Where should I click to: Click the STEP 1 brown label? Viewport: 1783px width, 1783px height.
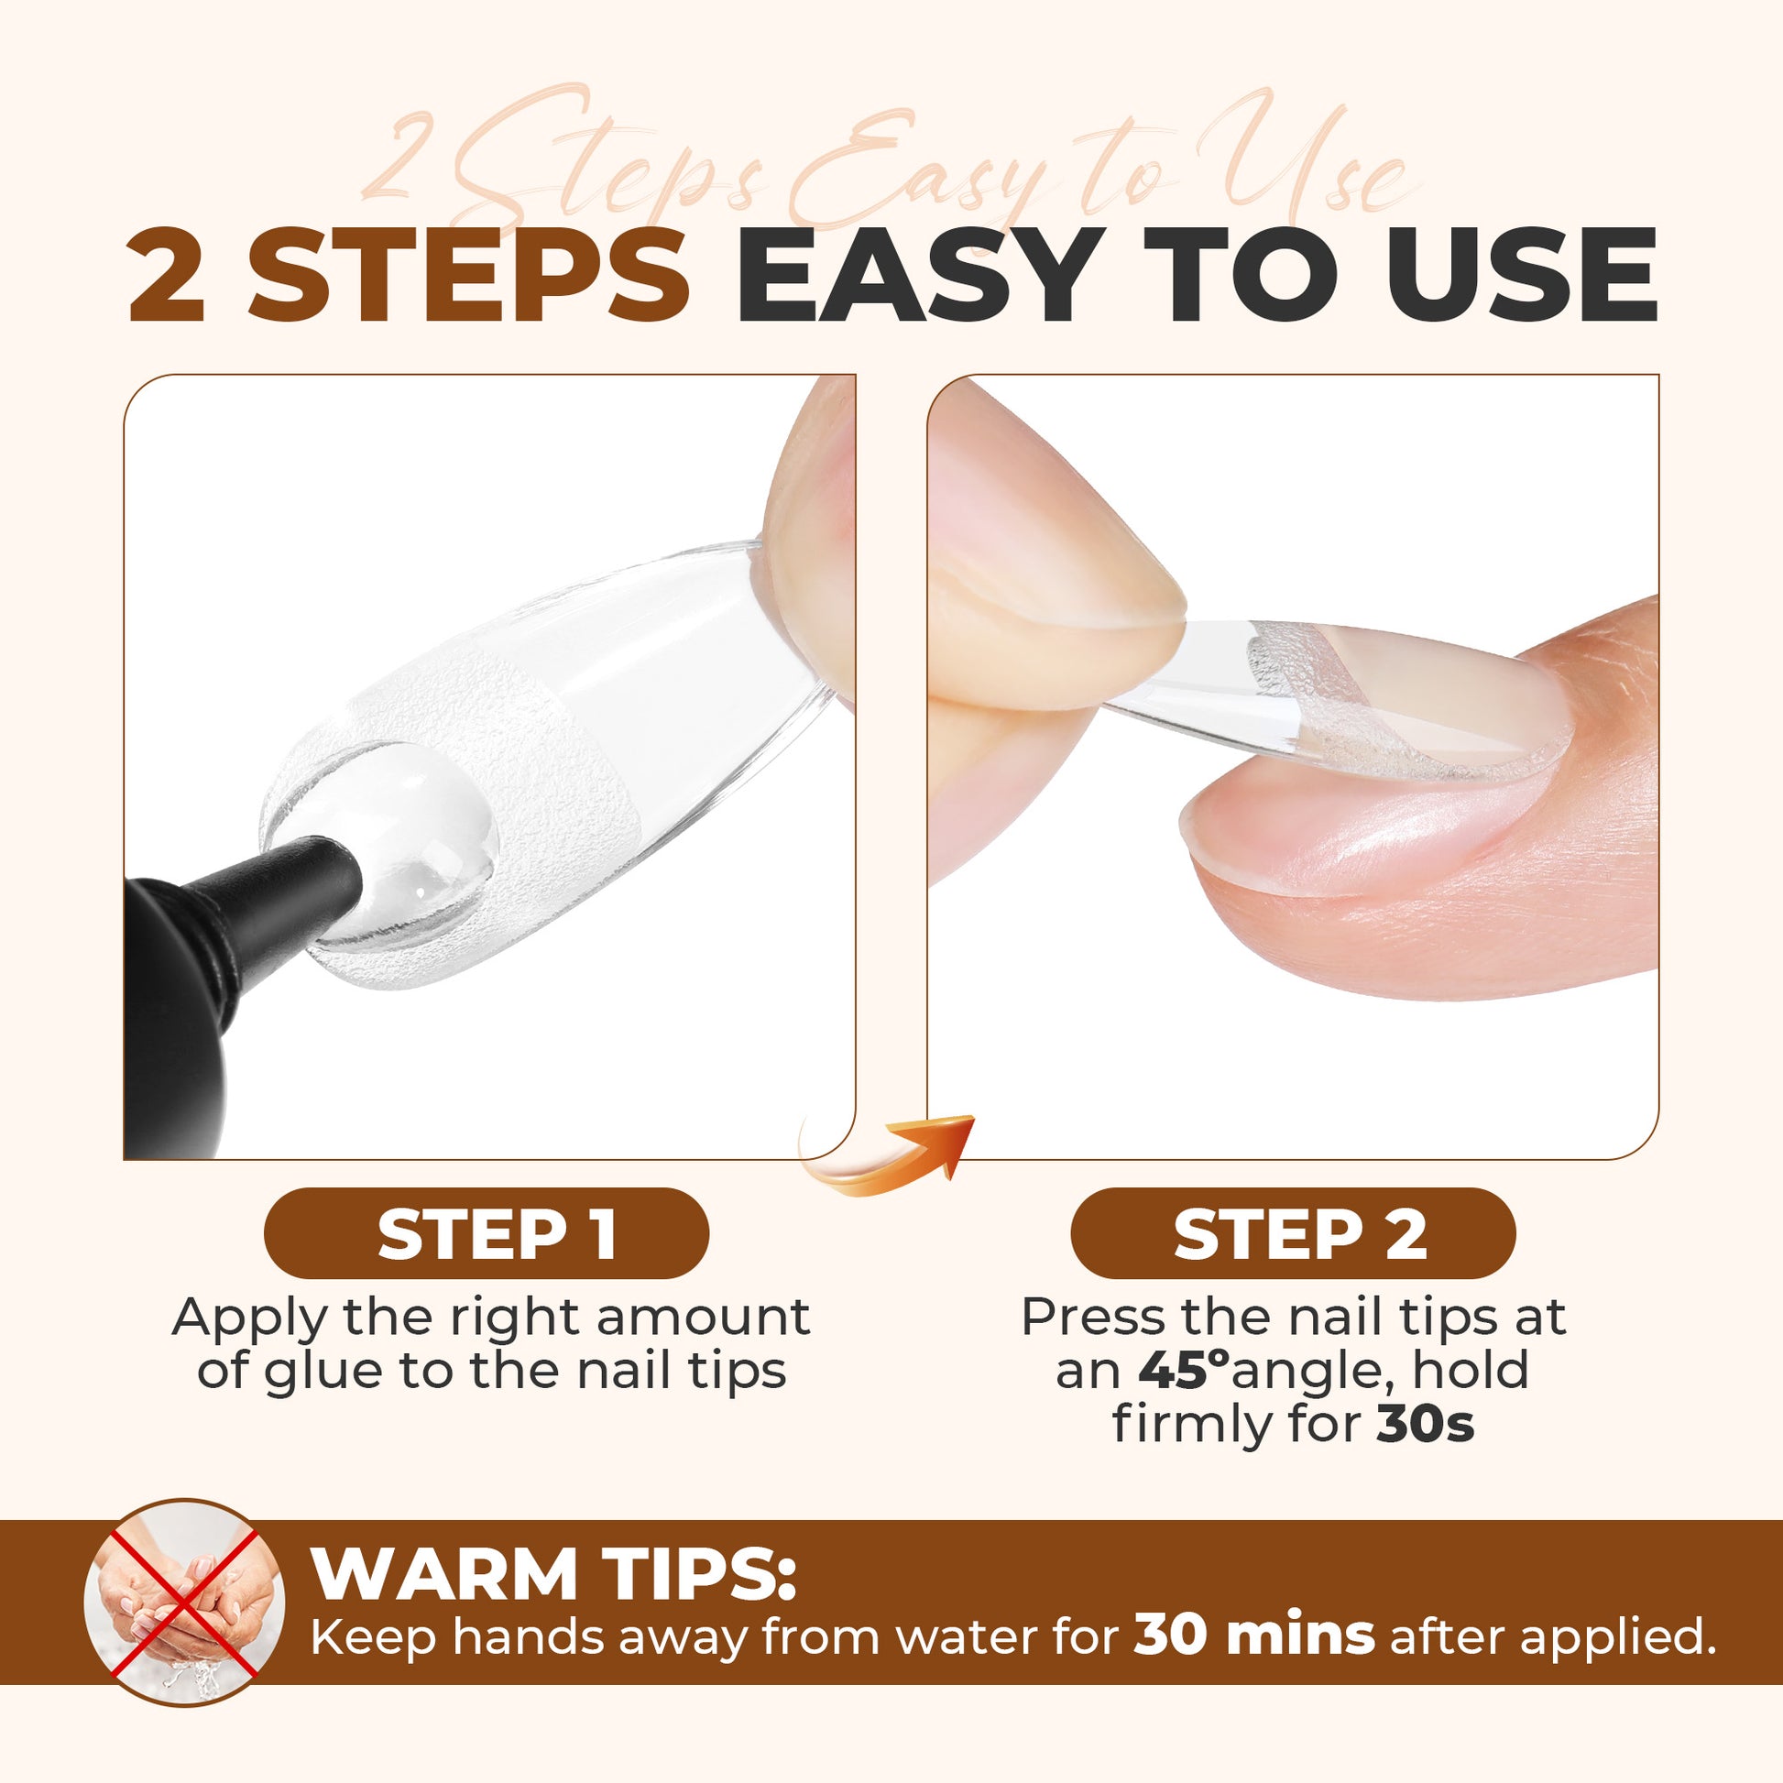[487, 1234]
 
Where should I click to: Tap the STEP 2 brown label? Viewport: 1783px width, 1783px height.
[1293, 1234]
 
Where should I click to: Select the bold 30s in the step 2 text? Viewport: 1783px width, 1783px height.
[1426, 1424]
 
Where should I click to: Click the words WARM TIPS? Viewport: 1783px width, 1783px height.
[553, 1571]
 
